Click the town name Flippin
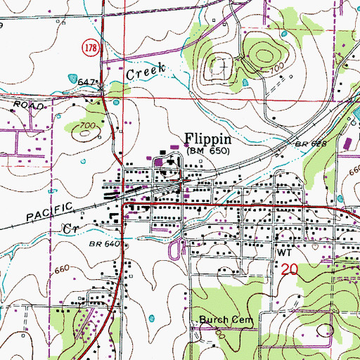tap(209, 139)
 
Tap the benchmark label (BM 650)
tap(210, 150)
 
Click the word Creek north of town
tap(146, 70)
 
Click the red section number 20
tap(288, 269)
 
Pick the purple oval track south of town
tap(174, 247)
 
